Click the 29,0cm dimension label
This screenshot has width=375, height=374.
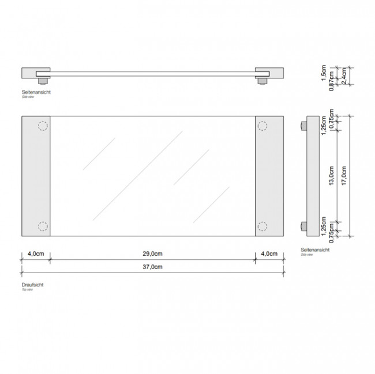point(153,254)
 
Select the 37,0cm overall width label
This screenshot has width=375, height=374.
point(153,267)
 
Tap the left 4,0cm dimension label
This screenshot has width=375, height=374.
point(35,254)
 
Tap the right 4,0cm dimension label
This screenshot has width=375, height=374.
point(269,254)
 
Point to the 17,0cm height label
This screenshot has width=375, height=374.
point(344,172)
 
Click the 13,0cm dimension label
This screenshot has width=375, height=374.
point(332,172)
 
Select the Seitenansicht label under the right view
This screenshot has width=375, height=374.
point(314,250)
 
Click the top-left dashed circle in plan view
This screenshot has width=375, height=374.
point(42,126)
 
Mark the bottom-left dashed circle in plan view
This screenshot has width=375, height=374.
point(42,226)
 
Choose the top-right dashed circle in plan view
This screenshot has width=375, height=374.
point(262,126)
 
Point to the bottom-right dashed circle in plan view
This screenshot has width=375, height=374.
point(262,226)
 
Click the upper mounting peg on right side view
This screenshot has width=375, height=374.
point(302,126)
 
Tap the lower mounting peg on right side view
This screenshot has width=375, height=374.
point(302,226)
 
